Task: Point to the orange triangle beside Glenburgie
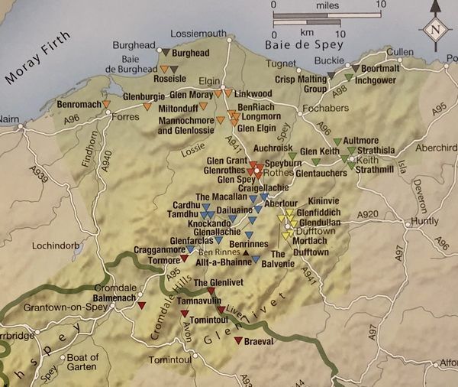[x=150, y=106]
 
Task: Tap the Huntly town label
[x=424, y=223]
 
